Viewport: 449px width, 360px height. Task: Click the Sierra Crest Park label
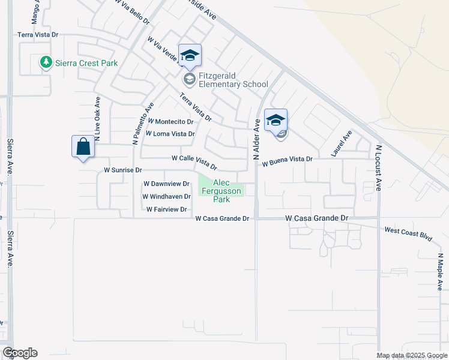[x=86, y=62]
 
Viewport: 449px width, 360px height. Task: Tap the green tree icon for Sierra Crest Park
[x=45, y=62]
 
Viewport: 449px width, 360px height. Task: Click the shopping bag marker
[x=83, y=147]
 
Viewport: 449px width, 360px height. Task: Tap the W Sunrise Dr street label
[x=122, y=170]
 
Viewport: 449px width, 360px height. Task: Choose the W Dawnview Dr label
[x=166, y=184]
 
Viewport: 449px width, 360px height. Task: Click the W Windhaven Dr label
[x=166, y=196]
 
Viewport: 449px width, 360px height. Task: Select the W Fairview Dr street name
[x=167, y=209]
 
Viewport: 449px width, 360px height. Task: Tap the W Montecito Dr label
[x=170, y=121]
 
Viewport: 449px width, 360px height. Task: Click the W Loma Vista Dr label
[x=171, y=134]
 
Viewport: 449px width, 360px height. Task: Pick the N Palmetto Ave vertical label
[x=136, y=122]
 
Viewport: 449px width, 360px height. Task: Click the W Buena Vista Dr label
[x=288, y=159]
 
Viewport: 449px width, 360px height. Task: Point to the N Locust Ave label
[x=379, y=167]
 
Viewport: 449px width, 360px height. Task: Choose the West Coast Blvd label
[x=408, y=233]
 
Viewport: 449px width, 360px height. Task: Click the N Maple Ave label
[x=441, y=272]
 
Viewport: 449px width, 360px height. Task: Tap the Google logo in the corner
[x=20, y=353]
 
